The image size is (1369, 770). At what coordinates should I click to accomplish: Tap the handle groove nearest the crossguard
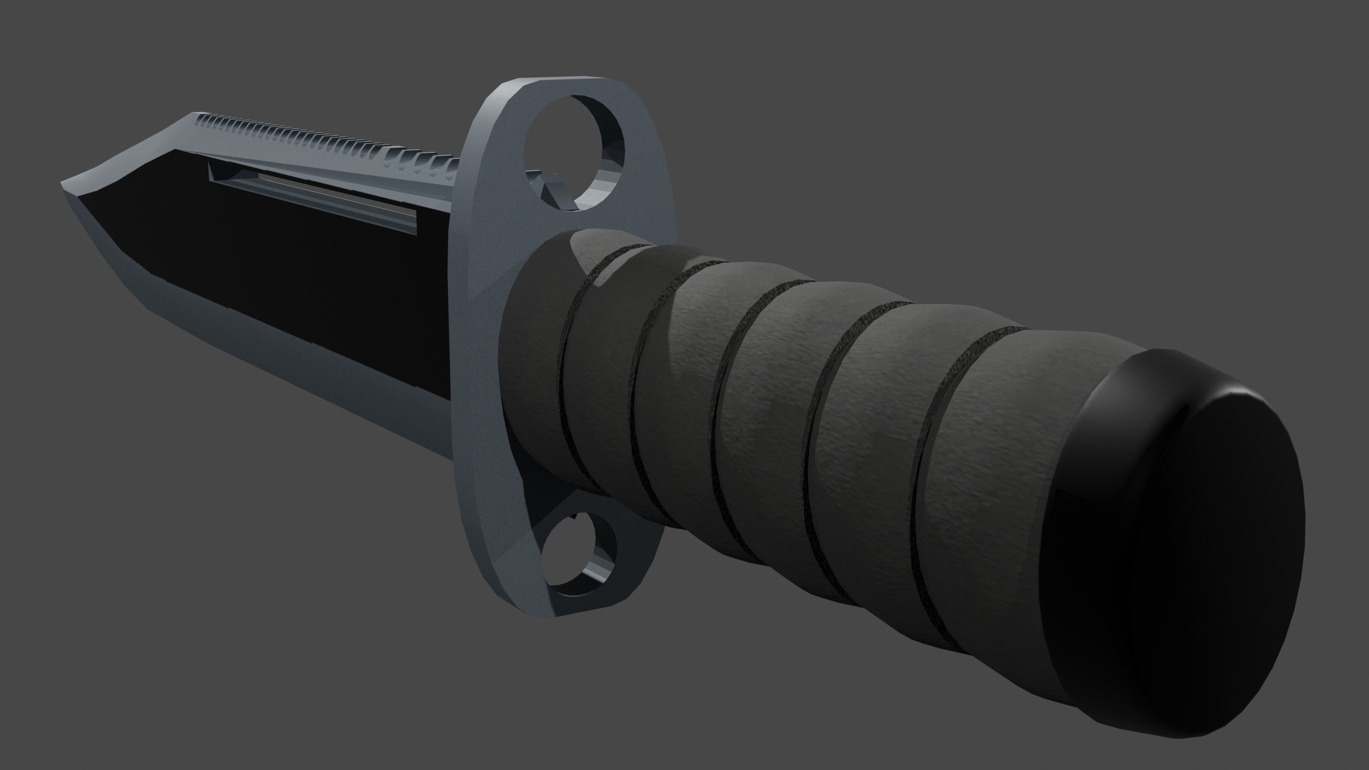pos(571,372)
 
